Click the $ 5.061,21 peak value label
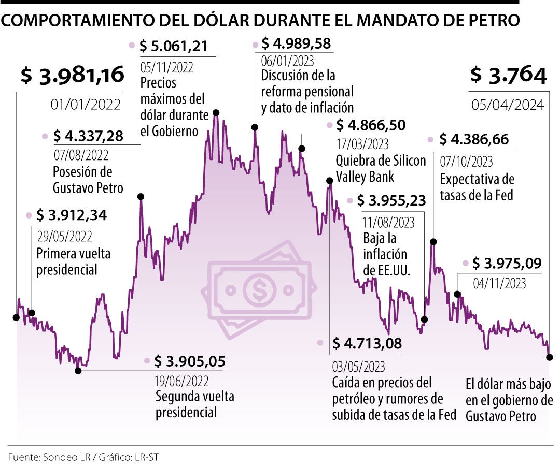pyautogui.click(x=174, y=46)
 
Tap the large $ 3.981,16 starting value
pyautogui.click(x=73, y=76)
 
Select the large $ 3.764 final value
pyautogui.click(x=508, y=76)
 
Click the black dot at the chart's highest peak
pyautogui.click(x=216, y=112)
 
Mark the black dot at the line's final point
pyautogui.click(x=550, y=357)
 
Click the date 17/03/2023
pyautogui.click(x=362, y=143)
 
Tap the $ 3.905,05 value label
pyautogui.click(x=190, y=361)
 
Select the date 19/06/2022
pyautogui.click(x=181, y=381)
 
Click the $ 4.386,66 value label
pyautogui.click(x=474, y=139)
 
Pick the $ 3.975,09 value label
pyautogui.click(x=507, y=264)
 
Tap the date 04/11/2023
pyautogui.click(x=500, y=283)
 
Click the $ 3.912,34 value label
pyautogui.click(x=71, y=215)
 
